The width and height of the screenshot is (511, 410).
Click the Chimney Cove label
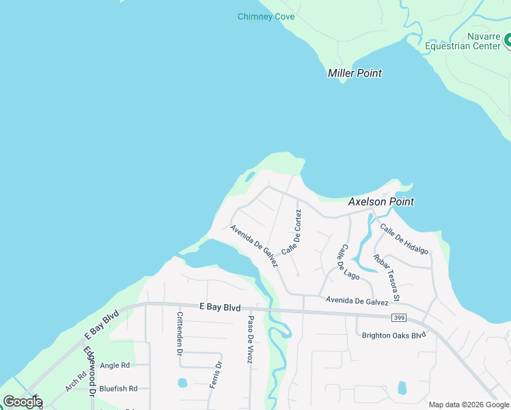tap(266, 16)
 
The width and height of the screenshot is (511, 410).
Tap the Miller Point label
tap(355, 73)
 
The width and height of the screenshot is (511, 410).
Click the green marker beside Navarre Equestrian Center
tap(508, 42)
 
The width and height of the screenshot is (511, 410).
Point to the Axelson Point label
tap(381, 202)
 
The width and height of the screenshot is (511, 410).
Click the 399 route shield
tap(400, 317)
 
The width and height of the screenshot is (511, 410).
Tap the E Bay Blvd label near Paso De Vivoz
tap(220, 307)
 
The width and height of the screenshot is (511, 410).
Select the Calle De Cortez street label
tap(292, 233)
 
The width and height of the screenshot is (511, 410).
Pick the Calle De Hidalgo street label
tap(404, 239)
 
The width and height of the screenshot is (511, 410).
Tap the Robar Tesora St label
tap(386, 277)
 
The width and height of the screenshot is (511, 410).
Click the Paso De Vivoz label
tap(251, 339)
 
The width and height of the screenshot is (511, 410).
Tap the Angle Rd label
tap(115, 366)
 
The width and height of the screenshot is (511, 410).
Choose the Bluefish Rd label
tap(118, 388)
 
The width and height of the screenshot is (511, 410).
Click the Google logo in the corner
tap(23, 402)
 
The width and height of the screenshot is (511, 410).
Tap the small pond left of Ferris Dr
tap(182, 383)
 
